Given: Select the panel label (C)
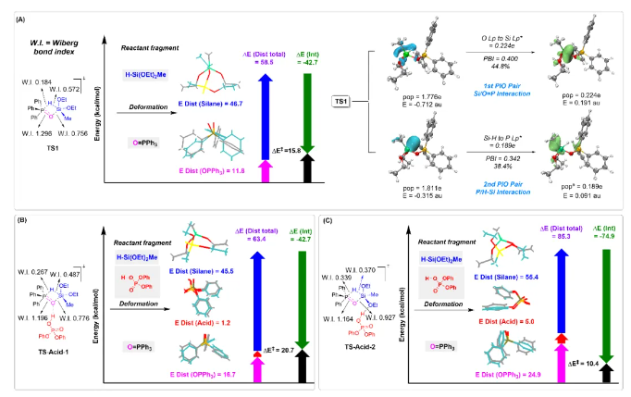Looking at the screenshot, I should click(325, 220).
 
